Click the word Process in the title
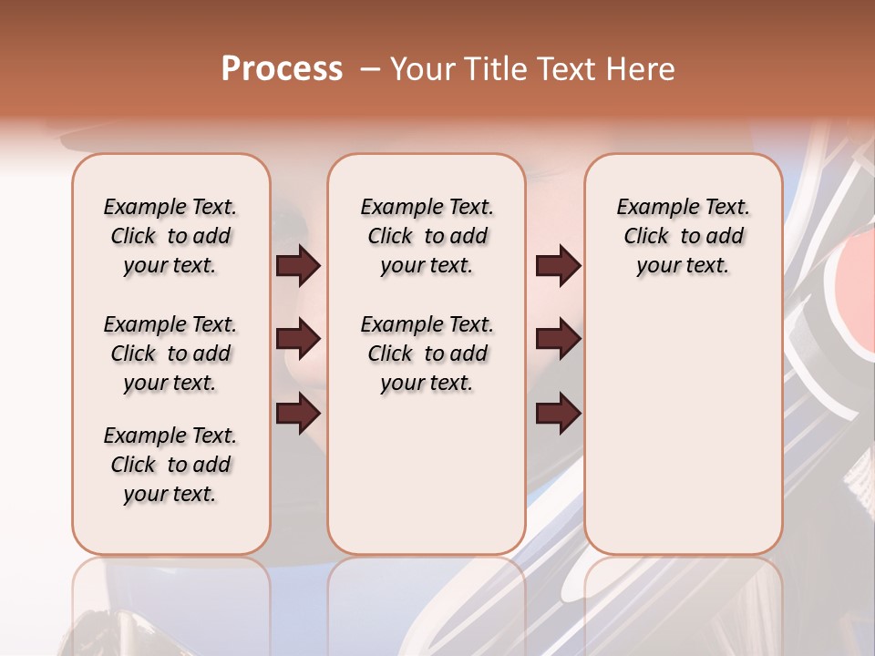(282, 69)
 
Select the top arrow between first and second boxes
(298, 266)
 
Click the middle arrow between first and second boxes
(298, 340)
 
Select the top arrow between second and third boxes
(558, 266)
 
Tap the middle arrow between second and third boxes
(558, 340)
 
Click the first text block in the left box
(170, 236)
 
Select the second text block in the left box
(170, 354)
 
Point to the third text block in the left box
(170, 465)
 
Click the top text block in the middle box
(427, 236)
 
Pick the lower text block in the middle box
(427, 354)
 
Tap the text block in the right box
(683, 236)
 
